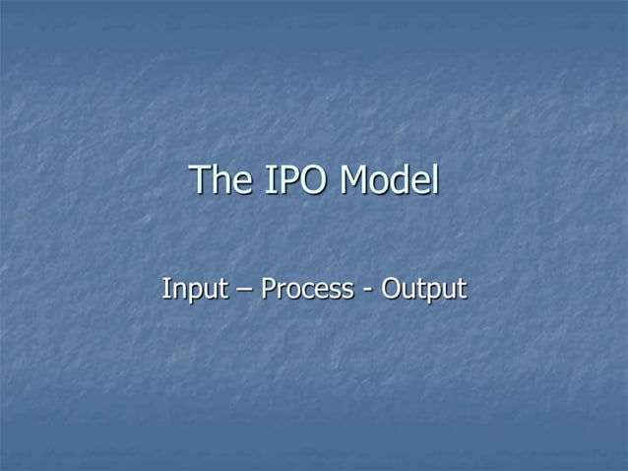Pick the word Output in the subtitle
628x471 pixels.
(x=423, y=291)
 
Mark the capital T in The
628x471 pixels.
(x=200, y=181)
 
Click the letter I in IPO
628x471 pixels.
(x=268, y=181)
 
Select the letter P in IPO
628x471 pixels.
(x=286, y=181)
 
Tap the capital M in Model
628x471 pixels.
(x=355, y=181)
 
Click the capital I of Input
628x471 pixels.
(x=164, y=290)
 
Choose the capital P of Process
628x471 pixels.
(x=268, y=290)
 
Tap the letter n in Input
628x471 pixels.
(x=175, y=293)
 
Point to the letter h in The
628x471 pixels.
(x=220, y=181)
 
